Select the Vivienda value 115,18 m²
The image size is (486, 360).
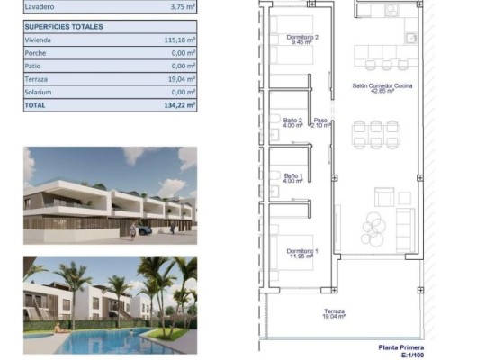179,40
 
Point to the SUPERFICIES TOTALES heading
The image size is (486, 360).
64,27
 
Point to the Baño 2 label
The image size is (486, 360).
293,122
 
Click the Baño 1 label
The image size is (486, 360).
293,178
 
